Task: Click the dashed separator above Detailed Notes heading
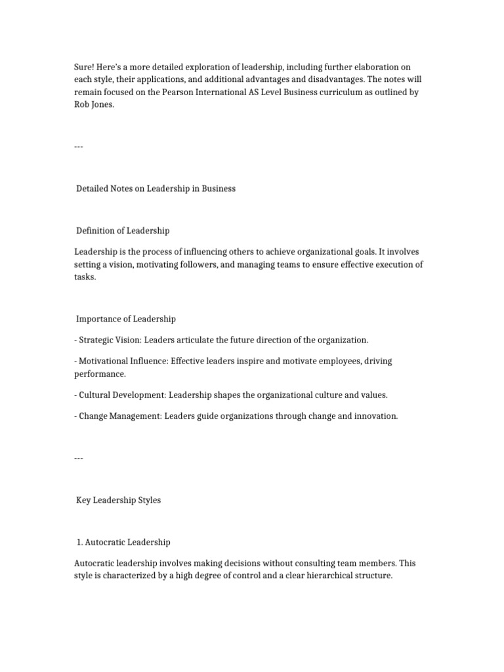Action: point(79,146)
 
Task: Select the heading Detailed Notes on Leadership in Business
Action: point(156,188)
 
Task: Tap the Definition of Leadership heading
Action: point(123,230)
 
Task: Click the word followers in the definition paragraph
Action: point(204,264)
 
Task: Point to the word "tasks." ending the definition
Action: point(85,277)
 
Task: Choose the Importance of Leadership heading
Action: point(126,319)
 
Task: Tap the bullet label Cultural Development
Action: point(122,395)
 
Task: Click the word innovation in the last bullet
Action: point(374,416)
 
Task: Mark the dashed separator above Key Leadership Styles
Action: point(79,458)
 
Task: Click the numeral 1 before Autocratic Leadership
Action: point(79,542)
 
